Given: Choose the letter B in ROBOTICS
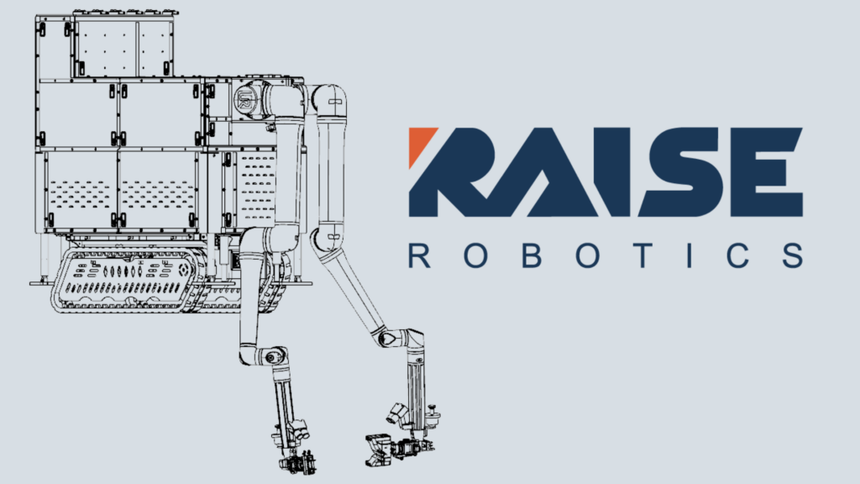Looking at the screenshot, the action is coord(531,255).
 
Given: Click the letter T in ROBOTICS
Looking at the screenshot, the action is coord(642,255).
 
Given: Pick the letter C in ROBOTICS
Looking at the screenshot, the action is coord(739,255).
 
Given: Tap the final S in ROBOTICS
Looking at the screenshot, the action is coord(793,255).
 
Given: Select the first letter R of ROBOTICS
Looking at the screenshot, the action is coord(419,255).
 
